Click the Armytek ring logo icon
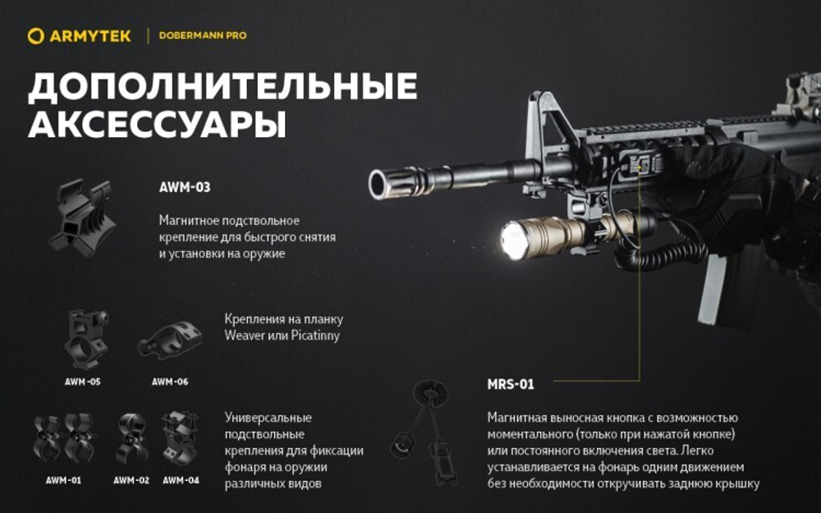click(x=34, y=36)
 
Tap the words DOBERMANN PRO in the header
click(x=202, y=36)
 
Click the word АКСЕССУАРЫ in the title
click(x=157, y=125)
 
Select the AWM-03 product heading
click(x=185, y=187)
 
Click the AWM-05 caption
click(x=83, y=382)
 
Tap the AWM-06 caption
click(x=170, y=382)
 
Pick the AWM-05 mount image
click(x=86, y=338)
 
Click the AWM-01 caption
click(x=63, y=480)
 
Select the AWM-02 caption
click(x=131, y=480)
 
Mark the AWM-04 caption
click(x=181, y=480)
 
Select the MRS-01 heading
click(x=510, y=384)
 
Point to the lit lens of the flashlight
click(x=514, y=240)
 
